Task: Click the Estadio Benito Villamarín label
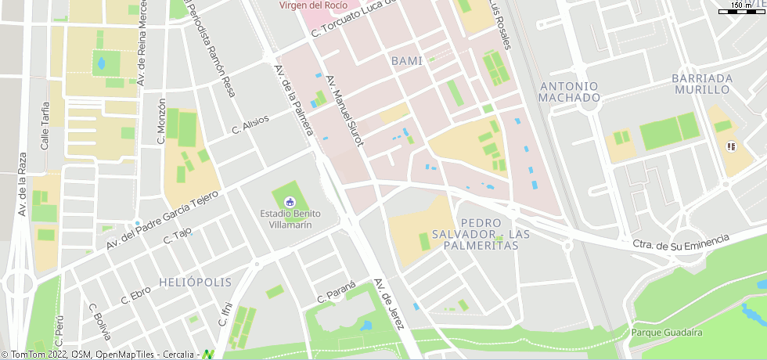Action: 290,218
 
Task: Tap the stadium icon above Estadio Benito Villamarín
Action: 290,202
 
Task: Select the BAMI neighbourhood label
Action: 405,60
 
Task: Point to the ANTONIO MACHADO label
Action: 570,92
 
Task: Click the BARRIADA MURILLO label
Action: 702,84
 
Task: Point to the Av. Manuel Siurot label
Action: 346,106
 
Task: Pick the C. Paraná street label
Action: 337,292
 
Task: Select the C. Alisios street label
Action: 250,125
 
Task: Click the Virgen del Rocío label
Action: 313,5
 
